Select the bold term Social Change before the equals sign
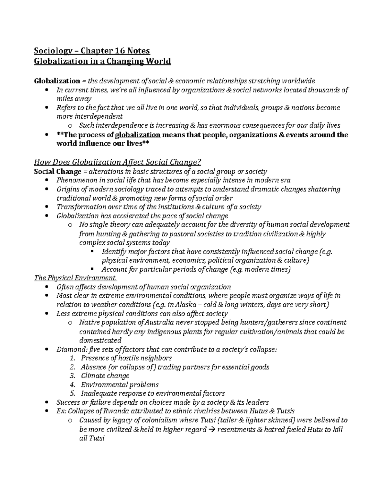pyautogui.click(x=58, y=172)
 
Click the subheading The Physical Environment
pyautogui.click(x=75, y=278)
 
